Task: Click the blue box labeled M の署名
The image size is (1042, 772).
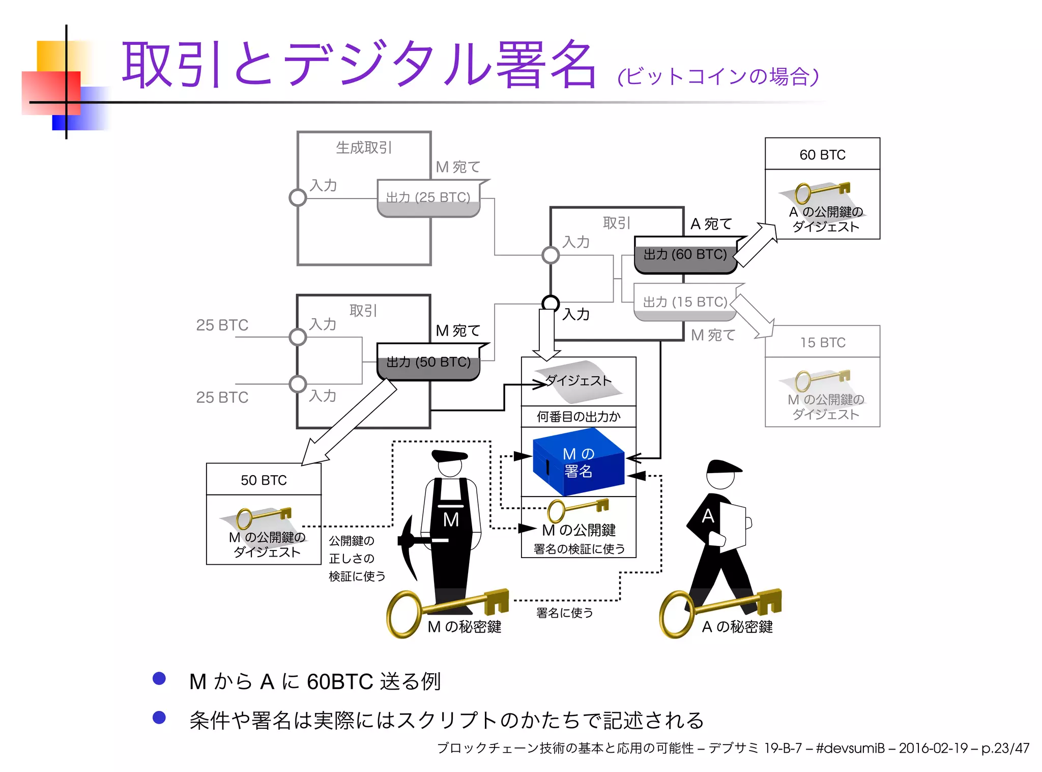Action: (578, 462)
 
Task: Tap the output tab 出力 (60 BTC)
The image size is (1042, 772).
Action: (685, 255)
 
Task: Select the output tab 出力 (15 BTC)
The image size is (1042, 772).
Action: (685, 302)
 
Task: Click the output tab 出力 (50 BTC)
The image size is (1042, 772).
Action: (428, 362)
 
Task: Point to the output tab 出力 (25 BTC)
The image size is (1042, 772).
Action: (428, 198)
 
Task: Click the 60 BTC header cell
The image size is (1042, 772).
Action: (822, 154)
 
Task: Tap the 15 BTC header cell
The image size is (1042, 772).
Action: (822, 342)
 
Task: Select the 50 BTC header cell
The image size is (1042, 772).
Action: (264, 480)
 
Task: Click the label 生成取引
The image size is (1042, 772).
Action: (363, 148)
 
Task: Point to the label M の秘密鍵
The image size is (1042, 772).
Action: (465, 626)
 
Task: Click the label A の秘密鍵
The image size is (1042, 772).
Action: (737, 626)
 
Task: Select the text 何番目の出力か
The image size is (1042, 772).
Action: (578, 417)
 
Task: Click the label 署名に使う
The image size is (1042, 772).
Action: (564, 613)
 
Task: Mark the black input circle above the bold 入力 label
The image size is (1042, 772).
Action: (551, 304)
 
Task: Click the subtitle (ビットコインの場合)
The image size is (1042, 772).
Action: (718, 77)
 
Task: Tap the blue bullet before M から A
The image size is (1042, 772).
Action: (159, 678)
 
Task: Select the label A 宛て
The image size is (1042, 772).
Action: (711, 224)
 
